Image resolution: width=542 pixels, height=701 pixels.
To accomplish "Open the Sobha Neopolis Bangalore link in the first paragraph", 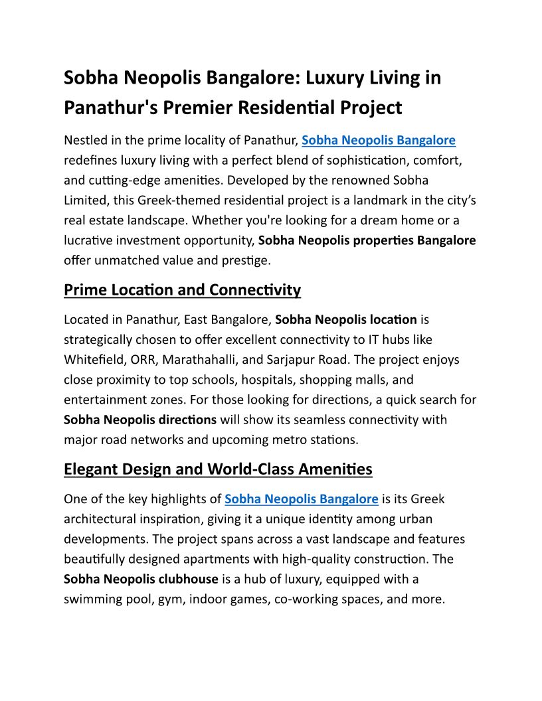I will point(379,140).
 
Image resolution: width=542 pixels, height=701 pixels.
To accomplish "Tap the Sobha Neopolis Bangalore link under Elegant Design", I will point(302,499).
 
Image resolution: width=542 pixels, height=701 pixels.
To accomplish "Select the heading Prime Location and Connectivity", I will point(182,290).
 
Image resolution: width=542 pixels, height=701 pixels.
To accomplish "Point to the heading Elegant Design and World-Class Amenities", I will point(218,469).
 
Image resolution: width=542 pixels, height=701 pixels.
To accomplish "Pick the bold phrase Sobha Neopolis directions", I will point(140,420).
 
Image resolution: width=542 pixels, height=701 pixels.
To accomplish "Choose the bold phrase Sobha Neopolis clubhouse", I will point(141,579).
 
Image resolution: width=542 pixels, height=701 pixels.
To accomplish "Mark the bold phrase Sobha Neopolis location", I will point(346,319).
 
